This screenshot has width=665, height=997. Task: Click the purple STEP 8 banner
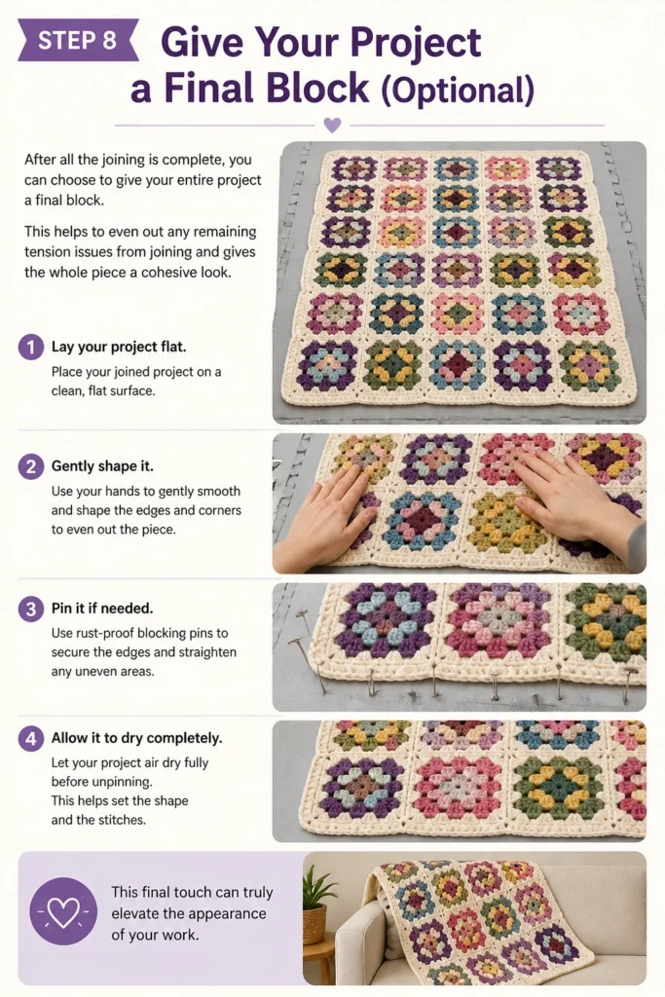pyautogui.click(x=78, y=40)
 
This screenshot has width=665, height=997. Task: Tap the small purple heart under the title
pyautogui.click(x=332, y=125)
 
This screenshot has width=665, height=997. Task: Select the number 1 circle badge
pyautogui.click(x=30, y=348)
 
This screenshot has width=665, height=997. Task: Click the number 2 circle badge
pyautogui.click(x=30, y=466)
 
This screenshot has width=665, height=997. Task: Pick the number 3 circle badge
pyautogui.click(x=30, y=609)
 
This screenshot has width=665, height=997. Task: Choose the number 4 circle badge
pyautogui.click(x=30, y=739)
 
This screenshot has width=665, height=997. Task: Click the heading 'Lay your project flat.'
pyautogui.click(x=119, y=348)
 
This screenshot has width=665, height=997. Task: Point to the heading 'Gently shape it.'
pyautogui.click(x=102, y=466)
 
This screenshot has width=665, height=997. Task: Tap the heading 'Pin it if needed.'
pyautogui.click(x=102, y=609)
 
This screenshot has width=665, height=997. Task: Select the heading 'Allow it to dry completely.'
pyautogui.click(x=136, y=738)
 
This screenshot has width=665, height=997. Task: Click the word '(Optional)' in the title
pyautogui.click(x=458, y=91)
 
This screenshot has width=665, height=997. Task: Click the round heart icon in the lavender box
pyautogui.click(x=63, y=911)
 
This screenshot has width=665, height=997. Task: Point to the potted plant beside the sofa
pyautogui.click(x=315, y=905)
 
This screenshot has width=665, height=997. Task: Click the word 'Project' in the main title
pyautogui.click(x=415, y=44)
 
